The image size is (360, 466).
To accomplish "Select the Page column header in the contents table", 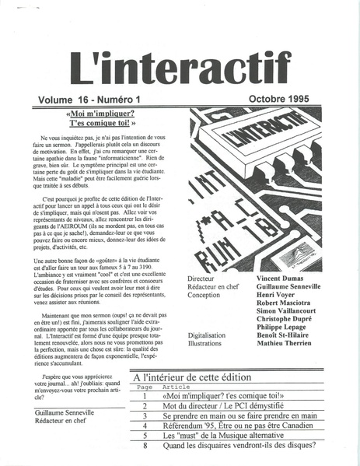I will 145,386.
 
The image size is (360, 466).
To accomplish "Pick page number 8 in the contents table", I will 145,446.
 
